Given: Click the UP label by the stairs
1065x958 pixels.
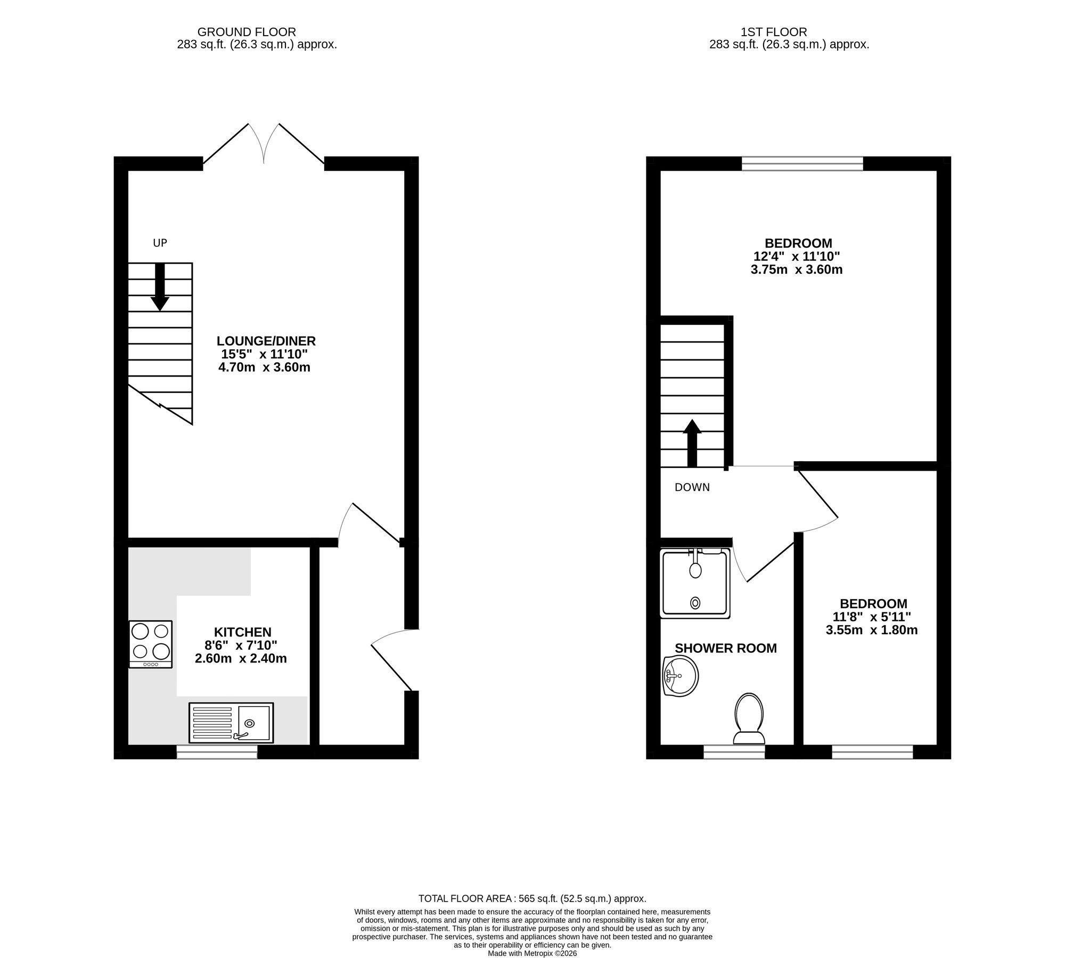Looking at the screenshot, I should click(160, 243).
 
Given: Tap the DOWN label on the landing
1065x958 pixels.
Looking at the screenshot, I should click(692, 487).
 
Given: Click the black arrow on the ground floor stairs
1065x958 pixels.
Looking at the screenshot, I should click(160, 288).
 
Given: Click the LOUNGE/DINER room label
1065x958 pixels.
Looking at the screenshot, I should click(266, 341).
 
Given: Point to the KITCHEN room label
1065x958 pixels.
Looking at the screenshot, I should click(242, 632).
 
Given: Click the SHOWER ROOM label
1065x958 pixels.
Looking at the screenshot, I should click(725, 648).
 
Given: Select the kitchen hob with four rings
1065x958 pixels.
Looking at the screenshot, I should click(151, 644).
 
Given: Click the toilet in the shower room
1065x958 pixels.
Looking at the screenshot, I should click(749, 718).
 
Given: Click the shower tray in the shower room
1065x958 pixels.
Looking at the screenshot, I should click(694, 584).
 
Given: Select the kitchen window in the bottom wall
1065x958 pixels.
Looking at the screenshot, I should click(217, 751).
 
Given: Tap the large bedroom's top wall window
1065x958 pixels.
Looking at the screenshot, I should click(802, 163).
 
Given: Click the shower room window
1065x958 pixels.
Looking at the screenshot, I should click(734, 751).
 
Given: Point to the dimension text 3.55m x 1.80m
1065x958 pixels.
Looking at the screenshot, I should click(871, 631).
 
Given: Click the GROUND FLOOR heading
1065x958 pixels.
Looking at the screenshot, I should click(247, 32).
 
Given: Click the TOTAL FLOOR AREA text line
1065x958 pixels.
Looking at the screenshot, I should click(532, 898).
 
